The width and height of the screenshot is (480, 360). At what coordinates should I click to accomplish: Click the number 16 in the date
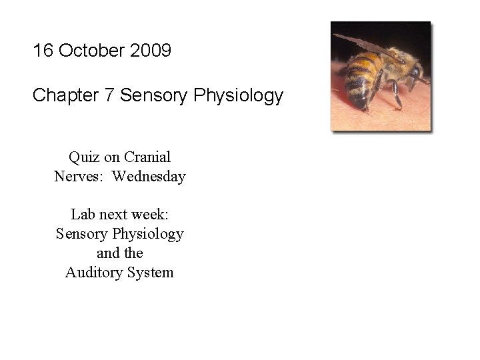(x=43, y=51)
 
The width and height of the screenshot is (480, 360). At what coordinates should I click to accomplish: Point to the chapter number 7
(x=109, y=96)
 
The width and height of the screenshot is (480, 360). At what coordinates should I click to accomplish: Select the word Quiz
(x=83, y=157)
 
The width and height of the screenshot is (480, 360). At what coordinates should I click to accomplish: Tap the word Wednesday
(x=149, y=177)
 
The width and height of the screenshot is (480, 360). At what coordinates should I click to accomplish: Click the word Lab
(x=83, y=215)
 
